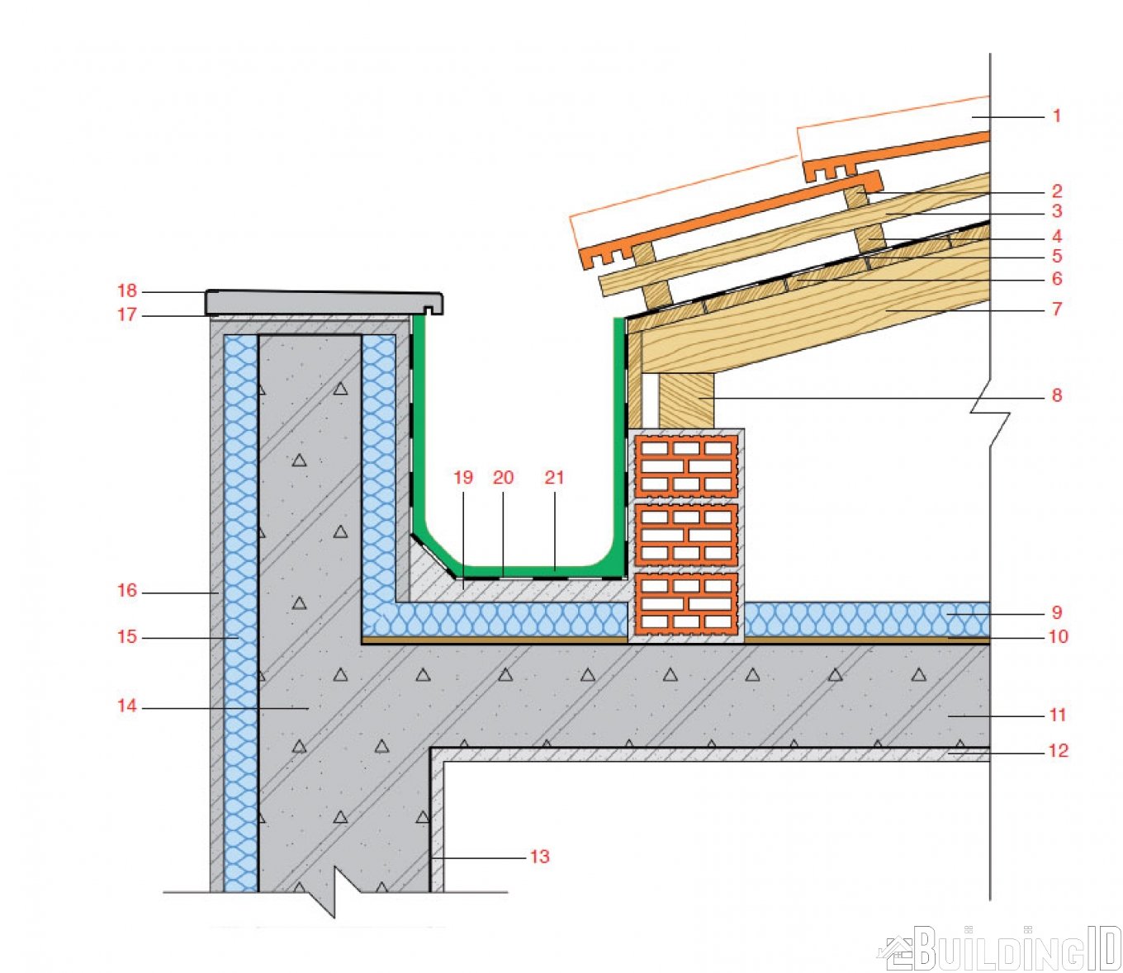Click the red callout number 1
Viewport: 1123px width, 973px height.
1057,116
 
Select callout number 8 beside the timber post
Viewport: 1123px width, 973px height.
1057,395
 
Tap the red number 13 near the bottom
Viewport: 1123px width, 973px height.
539,857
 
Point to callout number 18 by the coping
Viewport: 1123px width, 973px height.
127,291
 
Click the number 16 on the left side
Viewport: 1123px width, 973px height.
127,590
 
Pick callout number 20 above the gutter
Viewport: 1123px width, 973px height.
503,477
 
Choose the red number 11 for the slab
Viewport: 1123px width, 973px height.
1057,715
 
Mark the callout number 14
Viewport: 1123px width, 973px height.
127,706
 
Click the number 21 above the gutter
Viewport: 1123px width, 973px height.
554,477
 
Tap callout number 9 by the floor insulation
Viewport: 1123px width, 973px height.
1057,612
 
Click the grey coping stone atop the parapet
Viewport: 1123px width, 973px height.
324,302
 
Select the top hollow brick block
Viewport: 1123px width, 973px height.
686,465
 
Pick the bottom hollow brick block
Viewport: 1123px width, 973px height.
686,603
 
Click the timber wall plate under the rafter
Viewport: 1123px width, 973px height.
686,400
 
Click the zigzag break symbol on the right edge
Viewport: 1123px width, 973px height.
990,429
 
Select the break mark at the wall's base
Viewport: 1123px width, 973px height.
334,902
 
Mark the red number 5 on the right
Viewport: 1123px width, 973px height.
1057,256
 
